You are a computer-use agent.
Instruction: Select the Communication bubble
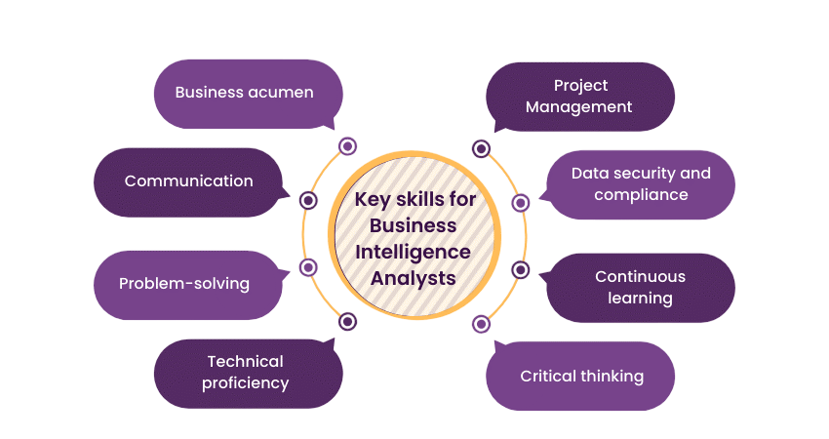point(188,181)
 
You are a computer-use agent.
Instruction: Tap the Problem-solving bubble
point(184,284)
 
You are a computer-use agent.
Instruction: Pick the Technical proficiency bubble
point(246,372)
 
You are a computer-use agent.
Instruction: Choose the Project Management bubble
point(579,97)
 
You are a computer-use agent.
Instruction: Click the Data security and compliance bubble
point(641,183)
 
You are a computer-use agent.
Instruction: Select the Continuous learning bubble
point(641,287)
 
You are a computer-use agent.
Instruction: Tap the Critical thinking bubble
point(582,376)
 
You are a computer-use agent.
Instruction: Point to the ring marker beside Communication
point(308,200)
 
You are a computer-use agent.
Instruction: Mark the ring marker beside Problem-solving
point(308,267)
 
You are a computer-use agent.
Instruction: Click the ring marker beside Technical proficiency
point(347,321)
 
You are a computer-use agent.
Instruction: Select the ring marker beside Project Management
point(481,148)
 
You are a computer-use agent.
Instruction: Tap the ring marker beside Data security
point(521,202)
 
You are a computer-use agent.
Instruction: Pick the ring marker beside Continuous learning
point(521,269)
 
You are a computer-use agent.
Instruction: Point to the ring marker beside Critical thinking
point(481,323)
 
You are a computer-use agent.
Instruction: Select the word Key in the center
point(370,200)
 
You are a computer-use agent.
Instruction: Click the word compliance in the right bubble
point(641,194)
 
